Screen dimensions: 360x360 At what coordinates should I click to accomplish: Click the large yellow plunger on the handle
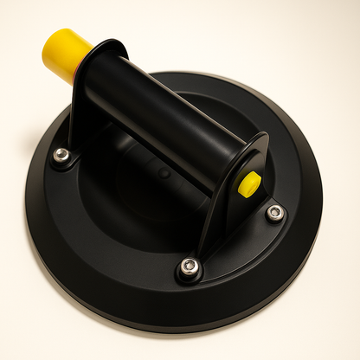[64, 54]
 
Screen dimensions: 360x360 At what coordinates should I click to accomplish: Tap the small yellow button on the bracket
[249, 183]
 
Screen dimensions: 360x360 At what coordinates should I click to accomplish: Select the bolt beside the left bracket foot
[61, 155]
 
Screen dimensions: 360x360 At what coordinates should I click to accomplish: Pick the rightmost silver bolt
[275, 212]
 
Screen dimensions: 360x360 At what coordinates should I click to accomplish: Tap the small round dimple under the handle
[164, 174]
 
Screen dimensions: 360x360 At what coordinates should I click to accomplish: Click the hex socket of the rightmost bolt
[275, 212]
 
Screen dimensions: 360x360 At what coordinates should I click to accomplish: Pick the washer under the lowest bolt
[190, 275]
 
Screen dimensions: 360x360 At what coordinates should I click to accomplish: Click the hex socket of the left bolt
[61, 155]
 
